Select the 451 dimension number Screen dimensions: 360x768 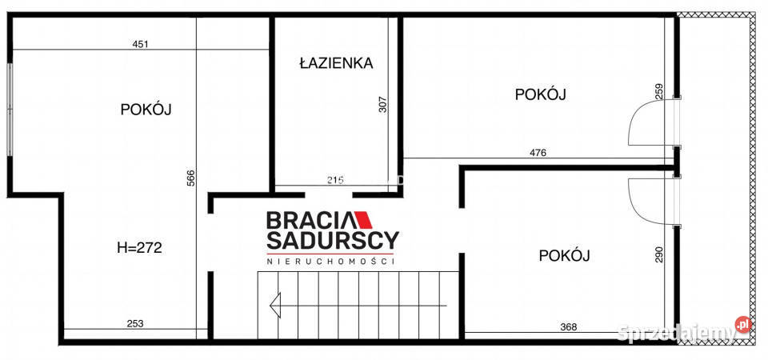tap(140, 45)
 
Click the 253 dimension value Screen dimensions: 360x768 tap(135, 323)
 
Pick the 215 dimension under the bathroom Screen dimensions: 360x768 tap(335, 181)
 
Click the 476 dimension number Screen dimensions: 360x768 tap(538, 152)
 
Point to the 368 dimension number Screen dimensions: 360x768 tap(567, 326)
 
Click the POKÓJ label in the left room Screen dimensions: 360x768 tap(146, 110)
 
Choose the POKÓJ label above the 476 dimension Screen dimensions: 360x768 tap(540, 94)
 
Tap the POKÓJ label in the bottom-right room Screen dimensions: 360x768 tap(564, 256)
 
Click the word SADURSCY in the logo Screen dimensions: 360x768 tap(332, 241)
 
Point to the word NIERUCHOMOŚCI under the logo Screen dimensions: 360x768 tap(331, 262)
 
